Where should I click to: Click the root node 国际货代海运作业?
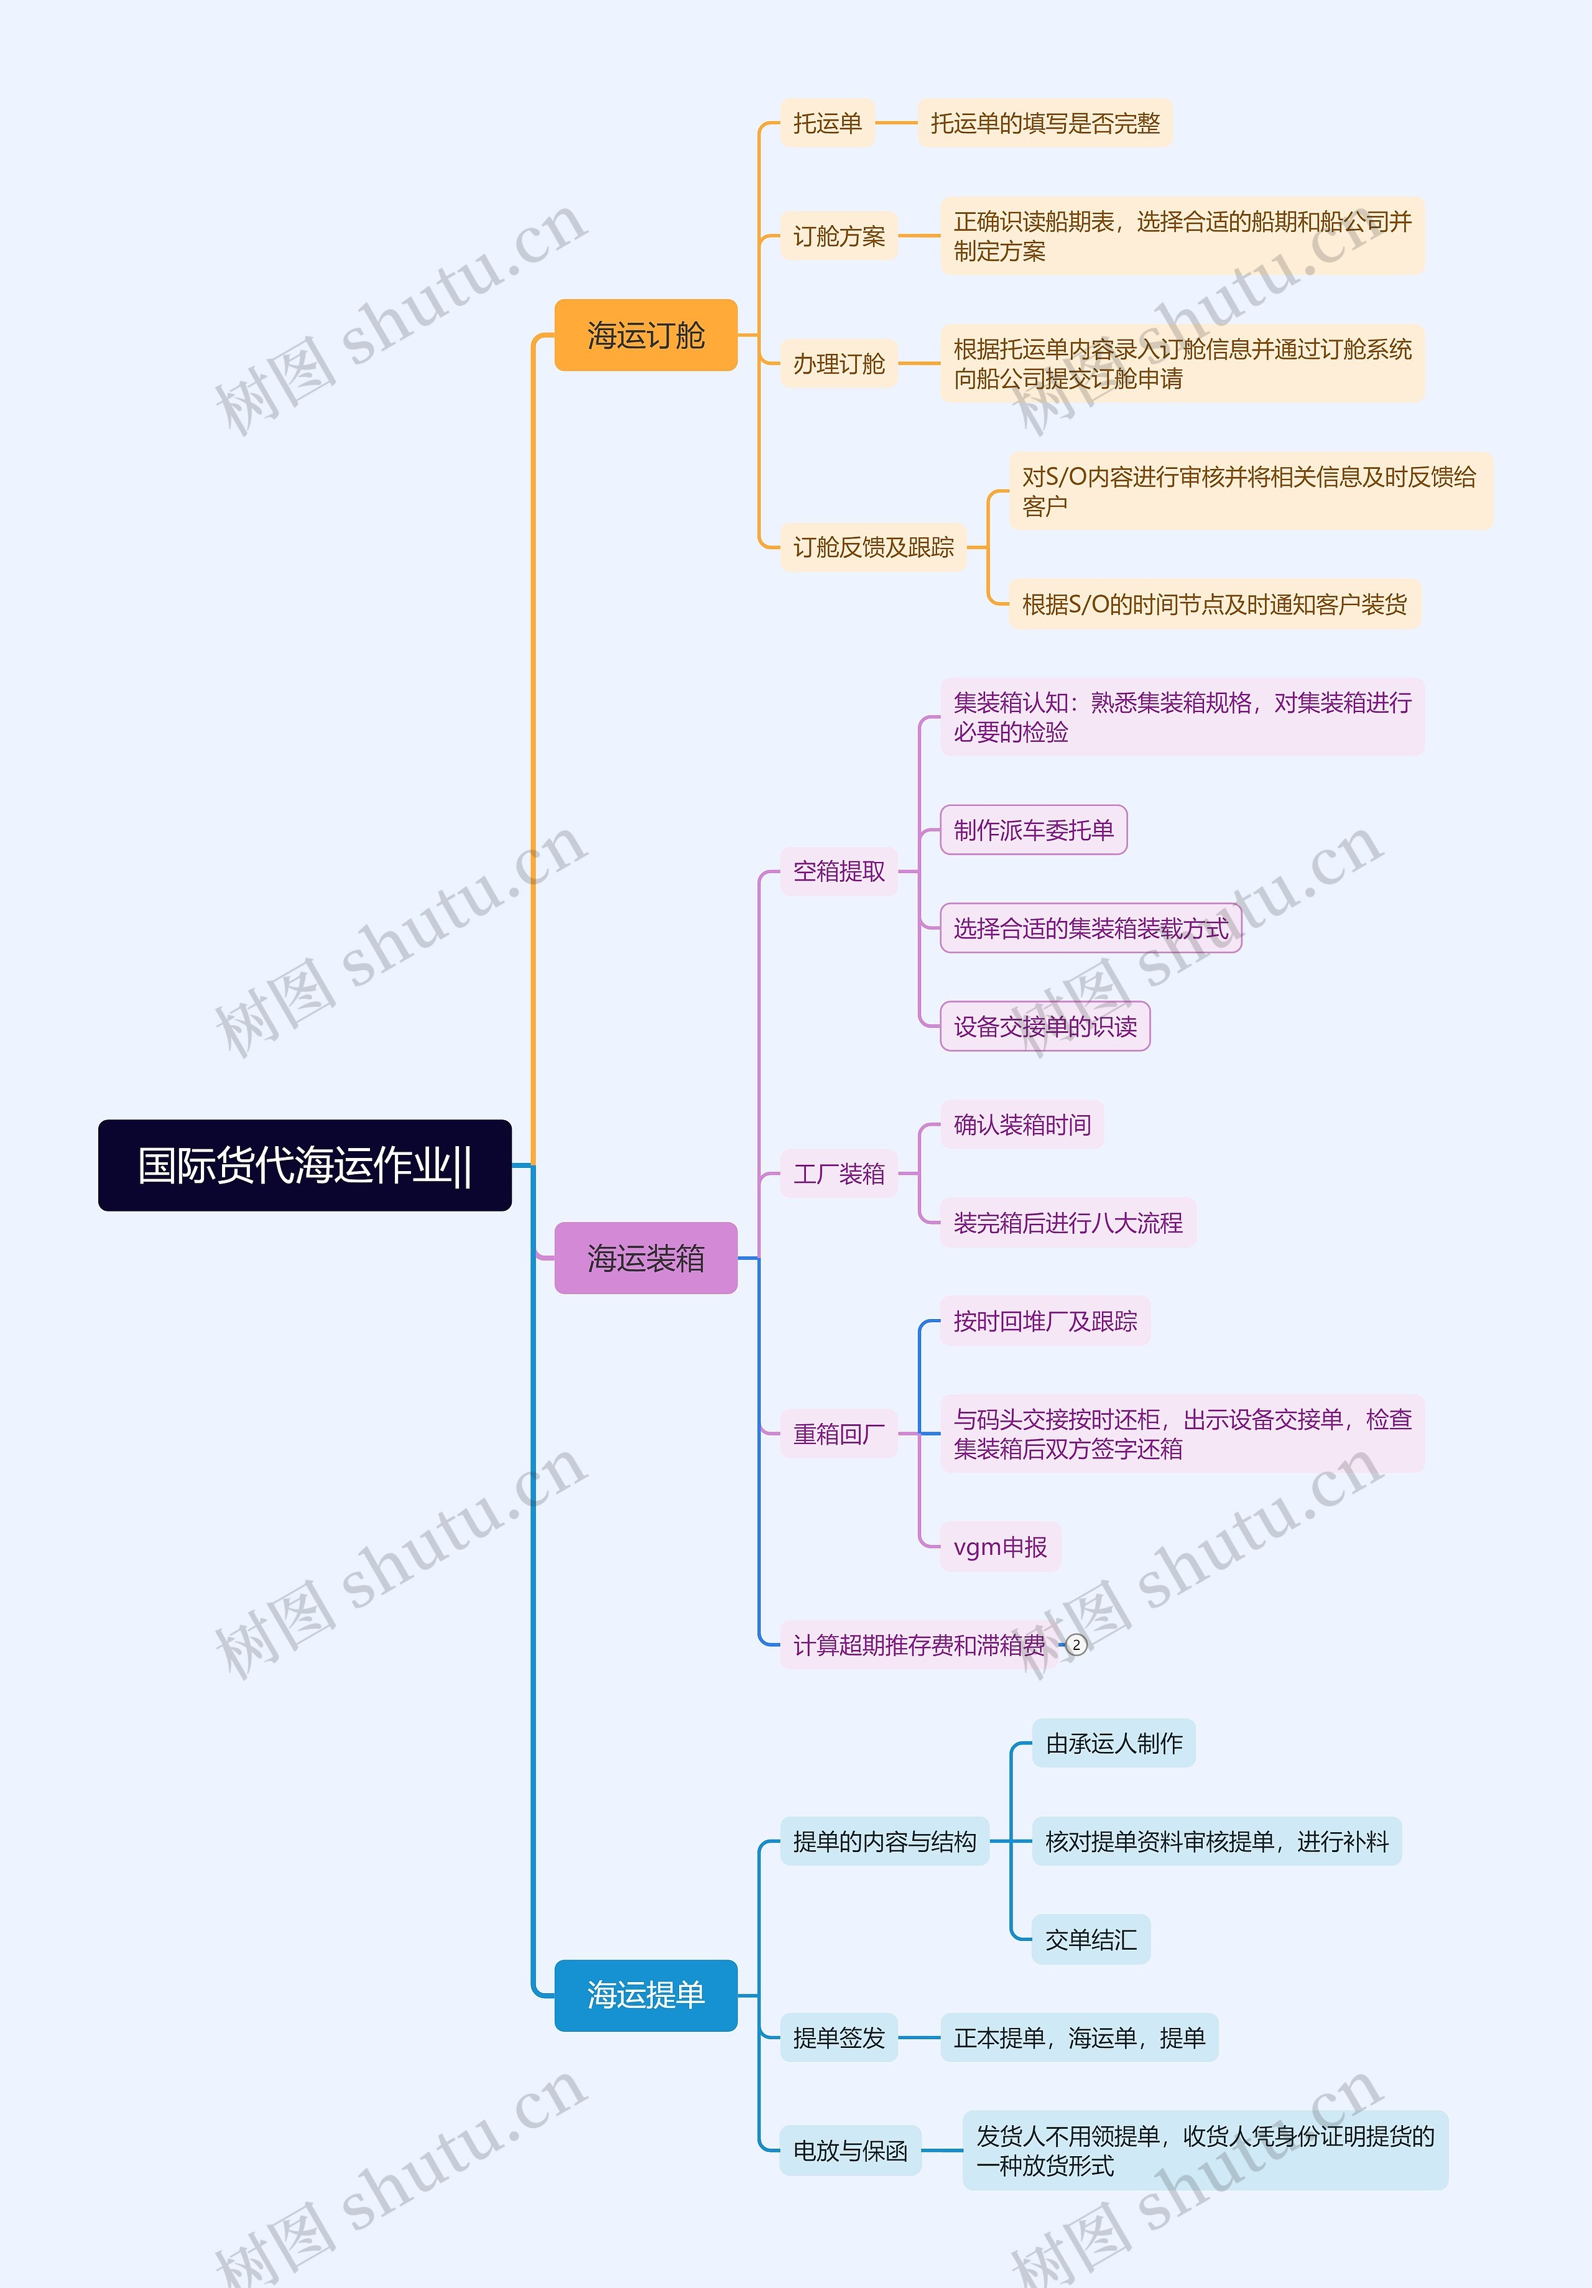tap(304, 1165)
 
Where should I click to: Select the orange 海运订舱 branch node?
tap(646, 335)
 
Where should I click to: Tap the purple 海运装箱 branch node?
tap(646, 1257)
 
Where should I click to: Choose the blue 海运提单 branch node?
tap(646, 1995)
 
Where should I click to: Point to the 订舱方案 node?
tap(839, 236)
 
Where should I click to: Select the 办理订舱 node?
tap(839, 364)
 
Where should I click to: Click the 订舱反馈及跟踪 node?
tap(872, 547)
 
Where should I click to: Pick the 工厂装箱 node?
tap(839, 1174)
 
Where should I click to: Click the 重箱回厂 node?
tap(839, 1434)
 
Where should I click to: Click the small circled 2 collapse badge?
tap(1076, 1645)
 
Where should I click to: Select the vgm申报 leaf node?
tap(1000, 1547)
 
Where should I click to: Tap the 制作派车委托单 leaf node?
tap(1033, 830)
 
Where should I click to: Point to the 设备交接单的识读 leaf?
tap(1045, 1026)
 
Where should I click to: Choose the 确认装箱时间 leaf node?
tap(1022, 1125)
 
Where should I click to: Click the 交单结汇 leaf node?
tap(1091, 1939)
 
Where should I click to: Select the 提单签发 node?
tap(839, 2038)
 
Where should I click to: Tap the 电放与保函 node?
tap(850, 2151)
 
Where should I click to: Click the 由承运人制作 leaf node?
tap(1114, 1743)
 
